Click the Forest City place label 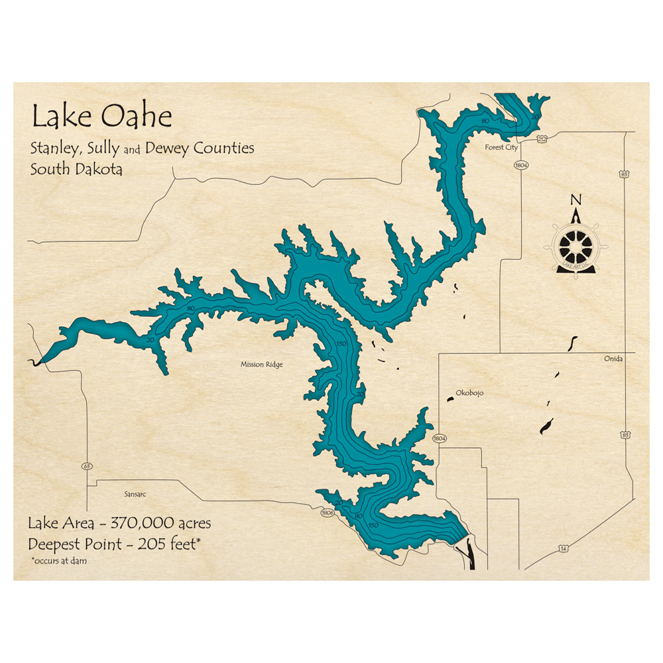502,147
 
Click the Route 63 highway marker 86,466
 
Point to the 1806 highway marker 327,512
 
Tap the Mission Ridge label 261,364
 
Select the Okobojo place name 470,393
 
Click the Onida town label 613,359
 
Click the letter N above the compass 575,200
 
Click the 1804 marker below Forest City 521,165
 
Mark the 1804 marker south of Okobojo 440,439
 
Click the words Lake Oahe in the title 101,117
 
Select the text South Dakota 76,169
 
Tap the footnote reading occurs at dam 59,561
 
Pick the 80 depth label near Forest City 485,121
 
